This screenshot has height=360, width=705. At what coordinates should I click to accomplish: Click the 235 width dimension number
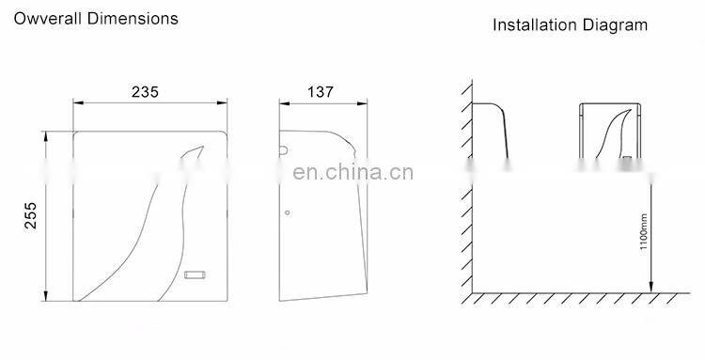(145, 91)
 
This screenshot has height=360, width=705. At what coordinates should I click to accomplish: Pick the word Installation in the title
(532, 25)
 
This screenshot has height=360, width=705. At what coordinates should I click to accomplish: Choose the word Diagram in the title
(615, 25)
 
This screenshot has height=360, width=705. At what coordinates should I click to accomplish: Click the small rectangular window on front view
(196, 275)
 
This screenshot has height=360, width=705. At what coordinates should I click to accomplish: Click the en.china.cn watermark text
(348, 172)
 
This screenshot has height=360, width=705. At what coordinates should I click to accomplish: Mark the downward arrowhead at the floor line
(649, 288)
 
